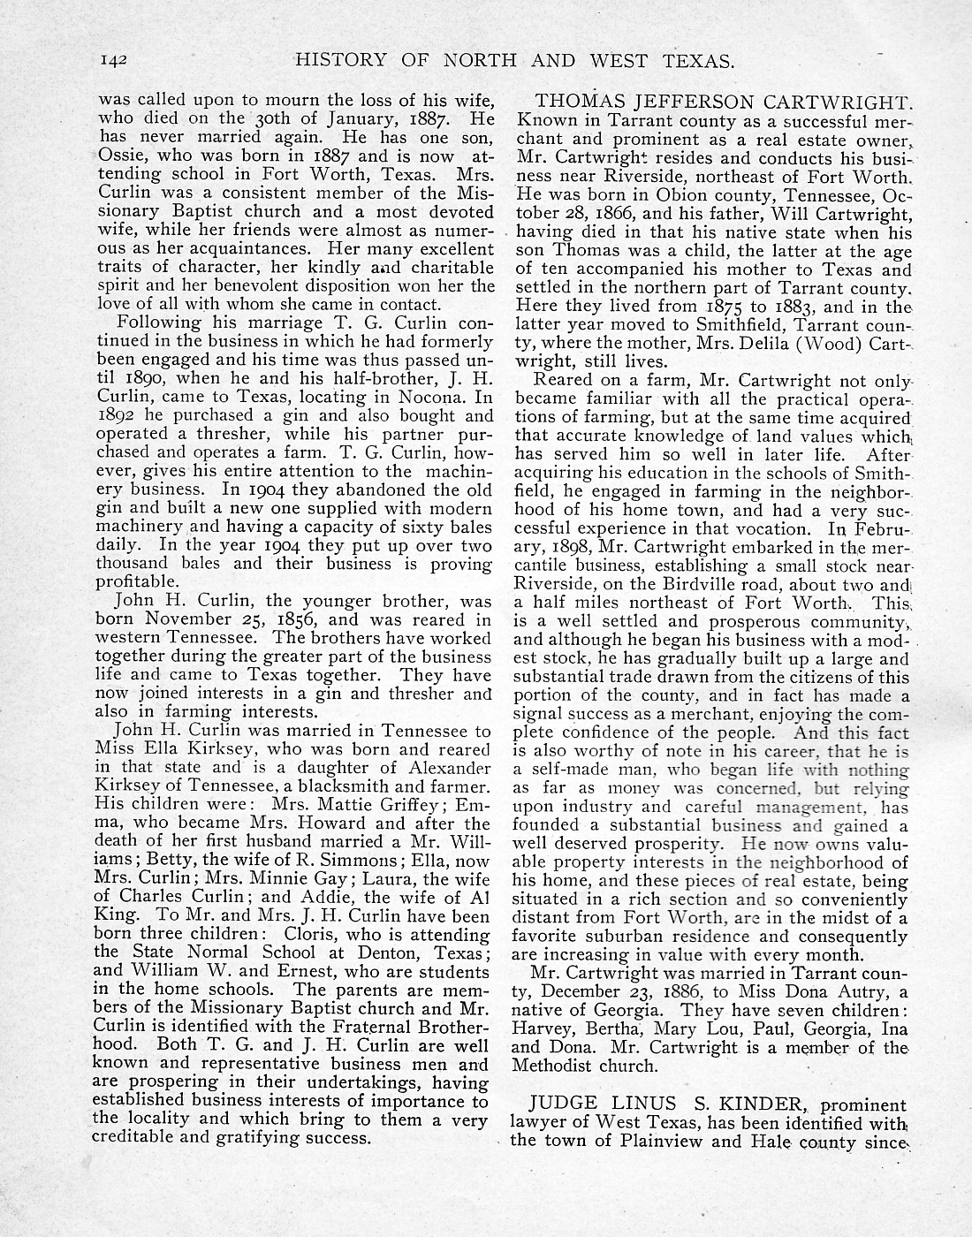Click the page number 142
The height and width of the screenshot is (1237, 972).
115,61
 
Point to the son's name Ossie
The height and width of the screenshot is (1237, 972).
118,156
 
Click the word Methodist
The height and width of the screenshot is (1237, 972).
555,1065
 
